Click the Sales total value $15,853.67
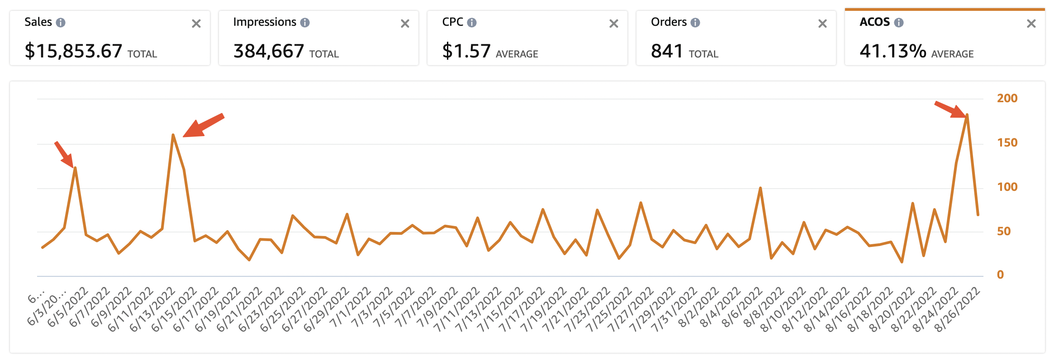(x=73, y=51)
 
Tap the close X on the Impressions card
(x=405, y=24)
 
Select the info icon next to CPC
(x=472, y=23)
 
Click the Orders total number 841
(x=667, y=51)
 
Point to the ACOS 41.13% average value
(x=893, y=51)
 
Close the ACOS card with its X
(x=1031, y=24)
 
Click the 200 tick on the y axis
(x=1007, y=98)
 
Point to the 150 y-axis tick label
(x=1007, y=142)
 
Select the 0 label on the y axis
(x=1000, y=275)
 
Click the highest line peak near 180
(x=967, y=115)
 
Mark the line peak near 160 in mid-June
(x=173, y=135)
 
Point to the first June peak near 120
(x=75, y=168)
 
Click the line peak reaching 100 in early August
(x=760, y=188)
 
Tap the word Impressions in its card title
(x=265, y=22)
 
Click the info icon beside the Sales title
(x=61, y=23)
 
